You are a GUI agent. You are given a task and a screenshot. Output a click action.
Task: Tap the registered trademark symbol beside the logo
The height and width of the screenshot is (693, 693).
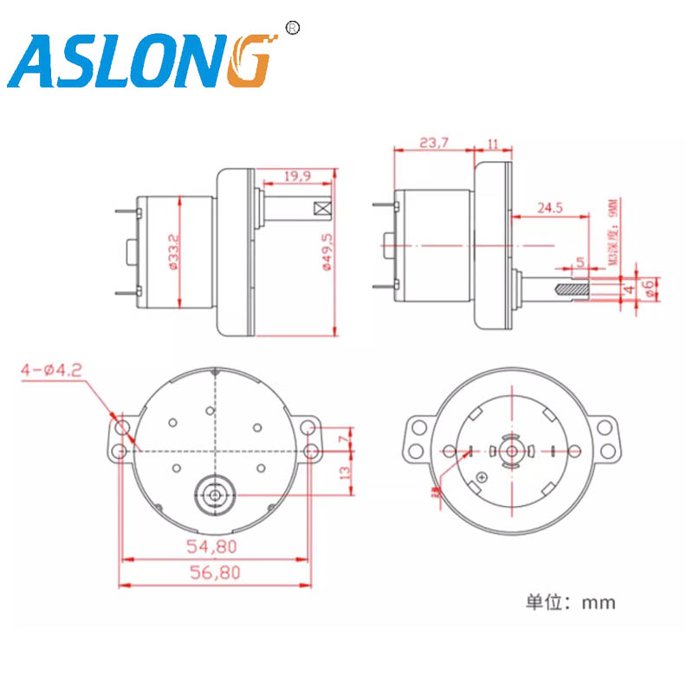292,29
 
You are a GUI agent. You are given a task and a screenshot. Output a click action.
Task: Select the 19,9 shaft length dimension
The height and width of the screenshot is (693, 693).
296,177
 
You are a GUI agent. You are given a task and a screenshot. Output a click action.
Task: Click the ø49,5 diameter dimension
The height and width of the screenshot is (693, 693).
327,252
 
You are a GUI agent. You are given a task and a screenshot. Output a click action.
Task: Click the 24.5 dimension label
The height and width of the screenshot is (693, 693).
550,208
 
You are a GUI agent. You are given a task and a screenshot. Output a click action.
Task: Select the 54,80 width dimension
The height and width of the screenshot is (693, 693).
212,547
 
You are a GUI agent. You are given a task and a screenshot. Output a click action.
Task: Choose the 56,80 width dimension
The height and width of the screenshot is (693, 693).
212,573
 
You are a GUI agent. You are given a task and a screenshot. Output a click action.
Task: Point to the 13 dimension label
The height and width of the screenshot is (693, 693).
346,473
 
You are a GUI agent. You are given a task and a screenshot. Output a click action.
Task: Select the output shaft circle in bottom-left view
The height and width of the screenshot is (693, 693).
213,495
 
